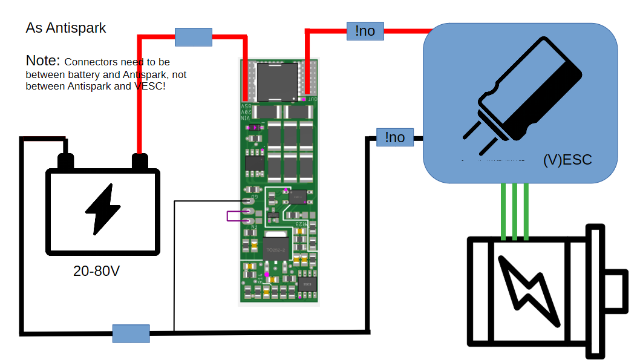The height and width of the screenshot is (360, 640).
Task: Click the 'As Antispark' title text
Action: tap(66, 28)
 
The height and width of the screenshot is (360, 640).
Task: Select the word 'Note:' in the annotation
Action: tap(43, 61)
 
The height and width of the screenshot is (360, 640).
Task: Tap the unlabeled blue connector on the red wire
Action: tap(194, 37)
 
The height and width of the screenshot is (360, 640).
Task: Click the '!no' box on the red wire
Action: tap(365, 31)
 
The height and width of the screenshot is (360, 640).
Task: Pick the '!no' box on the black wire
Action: tap(394, 137)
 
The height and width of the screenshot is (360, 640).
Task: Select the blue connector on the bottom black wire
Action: tap(131, 333)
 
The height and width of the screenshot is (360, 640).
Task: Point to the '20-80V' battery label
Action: tap(97, 272)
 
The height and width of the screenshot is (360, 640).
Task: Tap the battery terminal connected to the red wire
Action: tap(140, 162)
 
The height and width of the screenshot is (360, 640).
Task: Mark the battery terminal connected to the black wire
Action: tap(65, 162)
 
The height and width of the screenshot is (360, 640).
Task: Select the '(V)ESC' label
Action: tap(567, 160)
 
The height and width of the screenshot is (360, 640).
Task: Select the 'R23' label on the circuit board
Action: tap(301, 224)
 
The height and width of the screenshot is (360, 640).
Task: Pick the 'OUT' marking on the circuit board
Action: tap(312, 98)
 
